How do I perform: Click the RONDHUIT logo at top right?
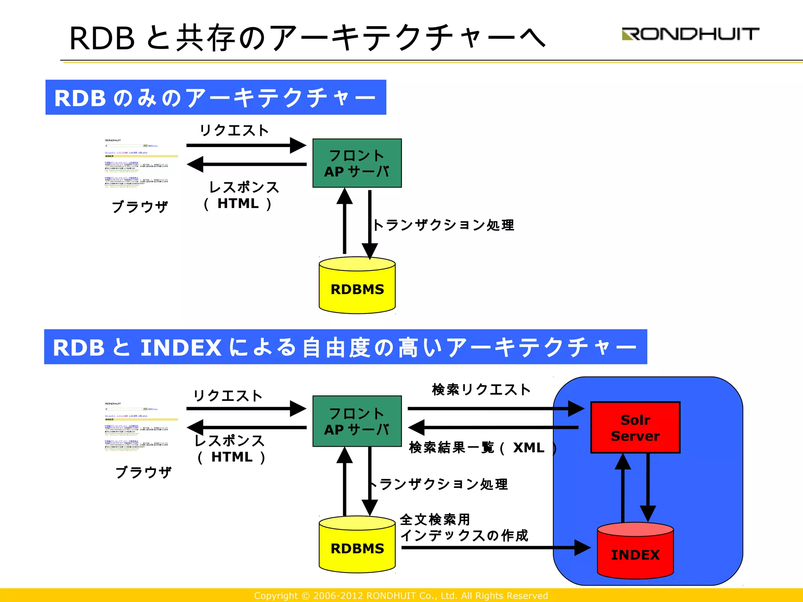point(690,34)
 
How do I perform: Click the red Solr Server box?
point(635,428)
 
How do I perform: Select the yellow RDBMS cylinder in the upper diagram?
point(357,289)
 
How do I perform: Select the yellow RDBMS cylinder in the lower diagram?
point(357,548)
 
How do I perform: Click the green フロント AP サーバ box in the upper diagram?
point(357,163)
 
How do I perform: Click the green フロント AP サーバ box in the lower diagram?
point(357,421)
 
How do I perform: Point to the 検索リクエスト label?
point(481,390)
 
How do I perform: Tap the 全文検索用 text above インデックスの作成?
point(435,520)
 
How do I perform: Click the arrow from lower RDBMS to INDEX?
point(494,548)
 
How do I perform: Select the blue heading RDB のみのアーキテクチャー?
point(216,97)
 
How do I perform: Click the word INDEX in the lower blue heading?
point(181,348)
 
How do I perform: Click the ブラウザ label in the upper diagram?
point(140,207)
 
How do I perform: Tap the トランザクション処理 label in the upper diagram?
point(443,225)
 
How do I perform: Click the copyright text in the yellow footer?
point(401,596)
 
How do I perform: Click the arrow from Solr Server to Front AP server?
point(494,427)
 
